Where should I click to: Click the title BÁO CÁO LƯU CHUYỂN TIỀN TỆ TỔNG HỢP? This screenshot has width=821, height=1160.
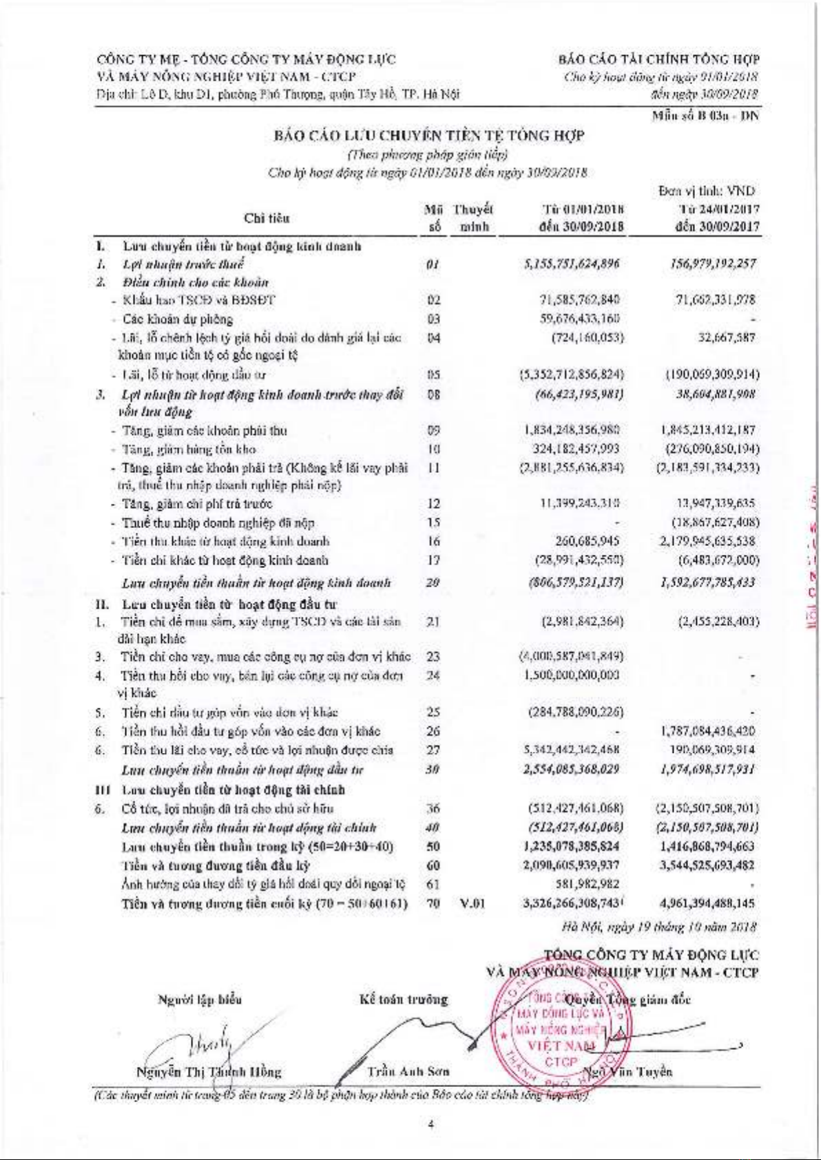pyautogui.click(x=429, y=136)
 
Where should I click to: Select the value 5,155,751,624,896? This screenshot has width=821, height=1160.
pyautogui.click(x=572, y=264)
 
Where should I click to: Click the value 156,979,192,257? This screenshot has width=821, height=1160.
pyautogui.click(x=712, y=264)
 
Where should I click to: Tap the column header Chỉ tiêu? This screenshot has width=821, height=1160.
pyautogui.click(x=267, y=218)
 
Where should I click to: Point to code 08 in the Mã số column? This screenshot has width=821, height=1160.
pyautogui.click(x=433, y=395)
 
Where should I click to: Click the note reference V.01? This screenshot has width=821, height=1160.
pyautogui.click(x=472, y=903)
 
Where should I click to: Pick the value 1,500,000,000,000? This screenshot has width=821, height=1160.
pyautogui.click(x=572, y=675)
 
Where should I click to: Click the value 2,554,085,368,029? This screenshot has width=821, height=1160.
pyautogui.click(x=572, y=769)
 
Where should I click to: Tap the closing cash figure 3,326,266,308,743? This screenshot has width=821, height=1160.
pyautogui.click(x=572, y=903)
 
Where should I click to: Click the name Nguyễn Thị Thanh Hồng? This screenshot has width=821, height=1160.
pyautogui.click(x=209, y=1072)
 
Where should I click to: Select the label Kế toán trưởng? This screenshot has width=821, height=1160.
pyautogui.click(x=404, y=999)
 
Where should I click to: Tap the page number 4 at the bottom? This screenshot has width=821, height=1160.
pyautogui.click(x=430, y=1125)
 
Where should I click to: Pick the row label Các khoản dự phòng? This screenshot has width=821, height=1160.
pyautogui.click(x=178, y=319)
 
